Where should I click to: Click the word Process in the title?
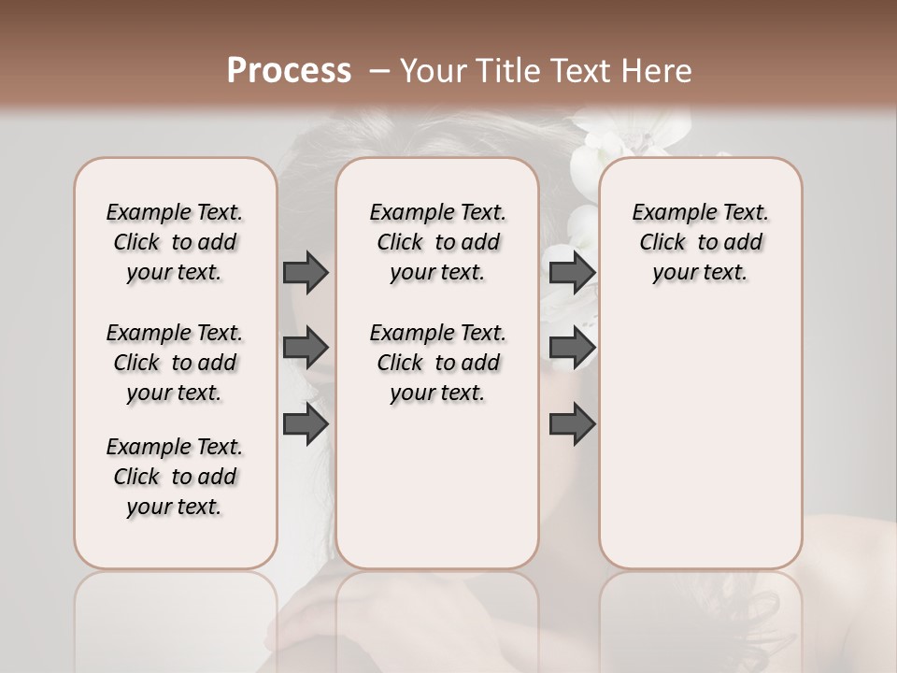(x=288, y=71)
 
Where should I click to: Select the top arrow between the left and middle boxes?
(x=306, y=272)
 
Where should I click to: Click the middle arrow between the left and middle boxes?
(x=306, y=348)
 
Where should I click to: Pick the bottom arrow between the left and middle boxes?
(x=306, y=424)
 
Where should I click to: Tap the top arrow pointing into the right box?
(x=572, y=272)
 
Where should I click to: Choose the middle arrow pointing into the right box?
(x=572, y=348)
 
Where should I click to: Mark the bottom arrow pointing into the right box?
(x=572, y=424)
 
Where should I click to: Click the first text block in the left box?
(x=175, y=243)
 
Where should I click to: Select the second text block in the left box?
(x=175, y=363)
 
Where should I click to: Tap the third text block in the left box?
(x=175, y=477)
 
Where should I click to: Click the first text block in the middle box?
(x=437, y=243)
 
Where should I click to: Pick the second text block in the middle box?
(x=437, y=363)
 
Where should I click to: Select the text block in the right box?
(x=700, y=243)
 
